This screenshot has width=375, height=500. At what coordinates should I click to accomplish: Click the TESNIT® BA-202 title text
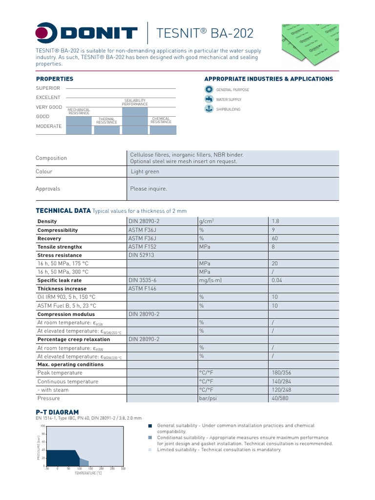point(205,33)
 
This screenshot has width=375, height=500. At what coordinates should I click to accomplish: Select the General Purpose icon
point(208,89)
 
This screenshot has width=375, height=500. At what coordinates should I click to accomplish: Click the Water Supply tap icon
point(208,99)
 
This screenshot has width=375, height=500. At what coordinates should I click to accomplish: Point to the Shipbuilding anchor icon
point(208,109)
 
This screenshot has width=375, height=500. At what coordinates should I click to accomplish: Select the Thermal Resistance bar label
point(106,121)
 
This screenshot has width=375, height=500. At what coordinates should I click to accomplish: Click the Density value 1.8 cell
point(275,221)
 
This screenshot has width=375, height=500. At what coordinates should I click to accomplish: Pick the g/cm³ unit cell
point(207,221)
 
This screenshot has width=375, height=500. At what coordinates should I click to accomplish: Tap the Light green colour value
point(145,171)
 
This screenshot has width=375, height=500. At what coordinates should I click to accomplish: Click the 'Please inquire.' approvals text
point(148,188)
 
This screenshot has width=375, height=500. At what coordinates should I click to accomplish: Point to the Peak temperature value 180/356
point(281,373)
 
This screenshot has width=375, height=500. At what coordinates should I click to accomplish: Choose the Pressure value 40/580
point(280,398)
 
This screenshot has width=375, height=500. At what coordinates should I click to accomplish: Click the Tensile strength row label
point(60,247)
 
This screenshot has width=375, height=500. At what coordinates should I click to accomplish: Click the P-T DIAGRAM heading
point(57,412)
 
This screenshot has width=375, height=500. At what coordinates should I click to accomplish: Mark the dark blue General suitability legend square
point(150,426)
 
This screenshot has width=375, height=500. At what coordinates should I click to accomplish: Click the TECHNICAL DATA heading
point(63,210)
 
